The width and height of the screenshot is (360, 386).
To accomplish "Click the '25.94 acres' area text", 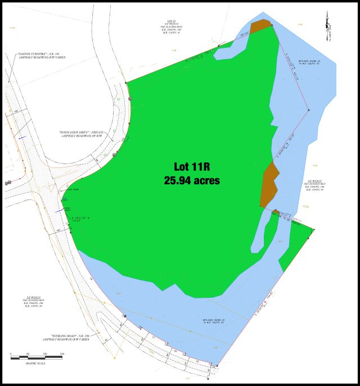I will click(191, 181).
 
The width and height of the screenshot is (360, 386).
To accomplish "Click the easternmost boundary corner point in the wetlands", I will click(310, 110).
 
